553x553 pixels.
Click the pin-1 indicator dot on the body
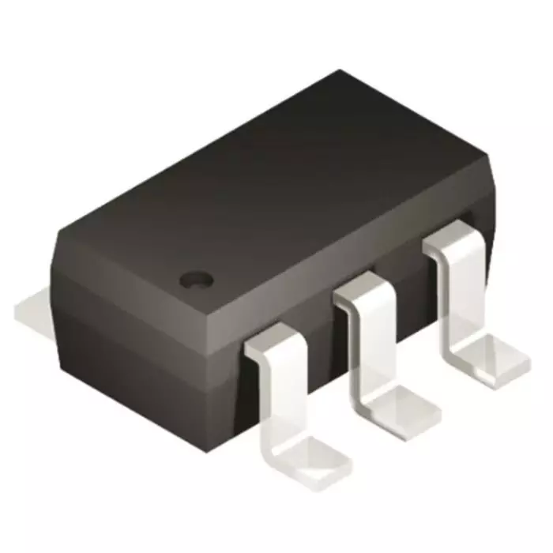click(x=196, y=278)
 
